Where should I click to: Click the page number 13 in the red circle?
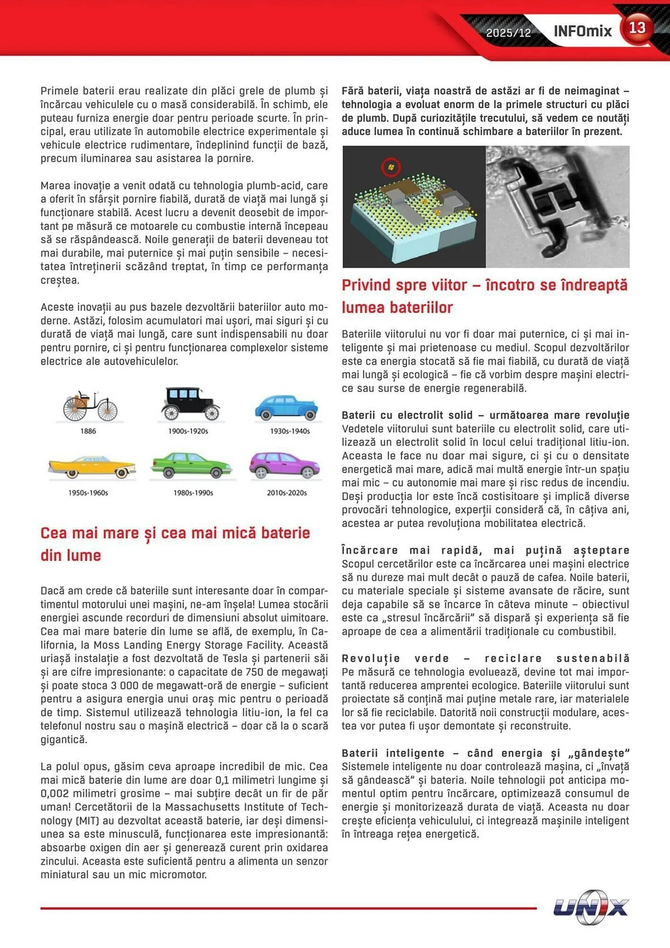637,28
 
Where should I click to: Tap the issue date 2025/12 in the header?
508,33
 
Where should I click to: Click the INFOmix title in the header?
582,31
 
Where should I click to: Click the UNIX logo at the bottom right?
591,907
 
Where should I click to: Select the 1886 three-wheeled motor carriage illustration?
90,406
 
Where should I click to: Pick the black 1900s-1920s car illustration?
190,404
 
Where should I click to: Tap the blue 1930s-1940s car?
287,407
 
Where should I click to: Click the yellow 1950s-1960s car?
92,466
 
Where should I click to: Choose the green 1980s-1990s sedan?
192,465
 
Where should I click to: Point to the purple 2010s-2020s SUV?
285,465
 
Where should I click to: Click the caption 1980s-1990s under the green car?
193,493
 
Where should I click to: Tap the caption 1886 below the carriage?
88,431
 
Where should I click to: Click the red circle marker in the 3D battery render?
391,167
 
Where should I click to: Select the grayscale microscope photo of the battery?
557,206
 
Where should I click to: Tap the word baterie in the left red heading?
285,533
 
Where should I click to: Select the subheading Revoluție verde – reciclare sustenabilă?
485,658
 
